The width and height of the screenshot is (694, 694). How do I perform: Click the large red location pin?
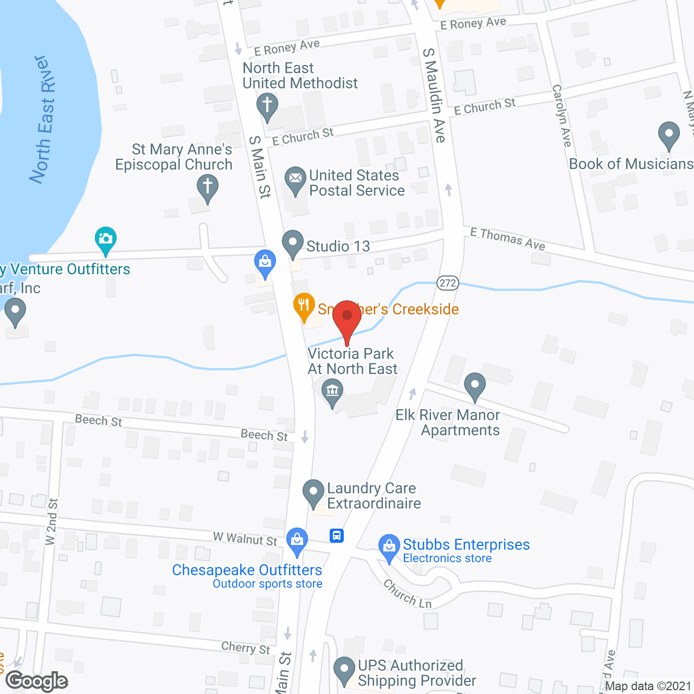[347, 317]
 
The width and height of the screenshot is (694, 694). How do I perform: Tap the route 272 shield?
[448, 283]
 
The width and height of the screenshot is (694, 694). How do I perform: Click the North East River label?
[43, 119]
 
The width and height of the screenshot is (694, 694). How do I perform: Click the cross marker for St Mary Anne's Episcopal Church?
[207, 187]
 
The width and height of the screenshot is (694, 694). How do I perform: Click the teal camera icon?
[106, 239]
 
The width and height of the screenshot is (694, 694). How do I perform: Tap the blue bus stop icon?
[337, 536]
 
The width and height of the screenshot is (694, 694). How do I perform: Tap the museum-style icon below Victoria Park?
[332, 390]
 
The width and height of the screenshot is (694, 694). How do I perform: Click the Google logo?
[37, 681]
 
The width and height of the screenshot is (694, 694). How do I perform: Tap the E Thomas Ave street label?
[507, 239]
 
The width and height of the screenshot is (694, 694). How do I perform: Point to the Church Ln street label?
[408, 594]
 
